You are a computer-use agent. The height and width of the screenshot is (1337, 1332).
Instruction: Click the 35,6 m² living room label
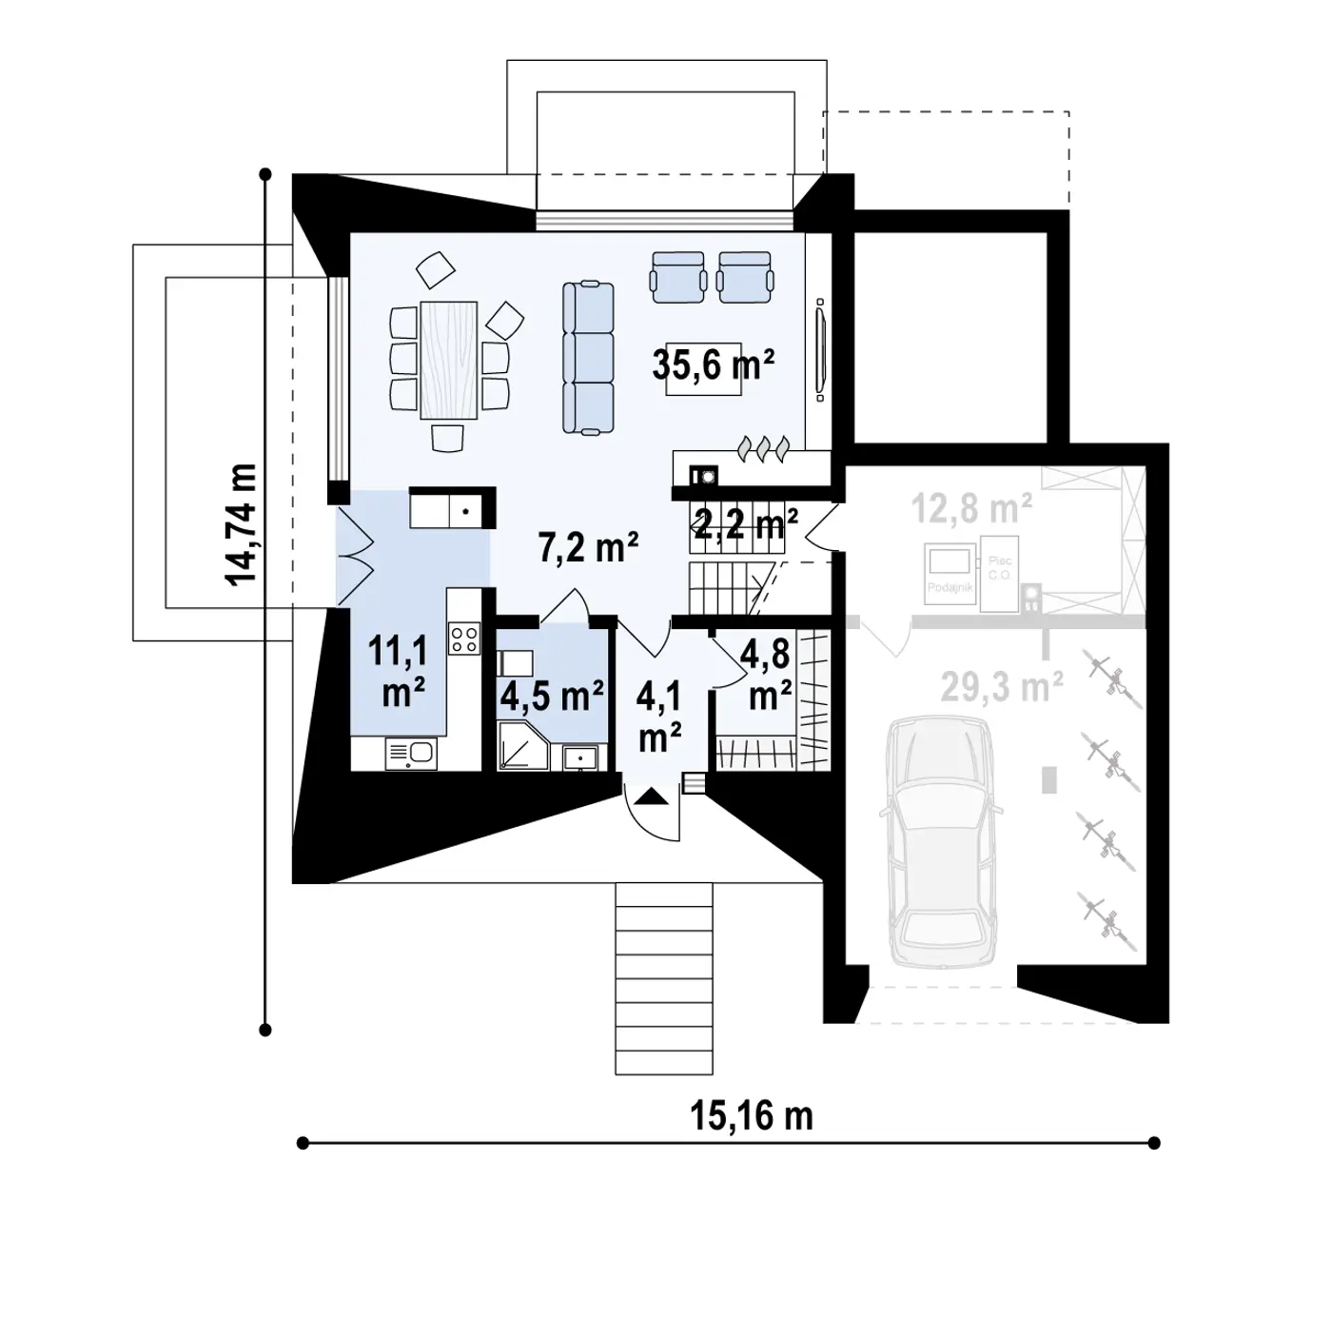(714, 364)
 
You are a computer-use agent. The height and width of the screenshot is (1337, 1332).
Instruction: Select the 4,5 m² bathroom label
(552, 696)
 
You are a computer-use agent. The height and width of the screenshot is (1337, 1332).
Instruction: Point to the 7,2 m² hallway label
(588, 548)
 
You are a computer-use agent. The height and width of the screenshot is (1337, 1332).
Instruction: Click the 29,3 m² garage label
(1001, 685)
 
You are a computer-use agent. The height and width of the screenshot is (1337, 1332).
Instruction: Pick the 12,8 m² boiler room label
(972, 510)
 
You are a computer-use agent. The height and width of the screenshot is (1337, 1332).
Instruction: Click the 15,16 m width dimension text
(752, 1115)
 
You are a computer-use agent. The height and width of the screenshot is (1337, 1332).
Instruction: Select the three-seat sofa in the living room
(587, 358)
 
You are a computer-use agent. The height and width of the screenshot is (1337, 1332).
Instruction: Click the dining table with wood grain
(450, 359)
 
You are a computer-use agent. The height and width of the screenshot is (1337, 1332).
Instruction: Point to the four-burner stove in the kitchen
(465, 637)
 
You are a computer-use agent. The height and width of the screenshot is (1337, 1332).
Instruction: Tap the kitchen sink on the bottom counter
(411, 755)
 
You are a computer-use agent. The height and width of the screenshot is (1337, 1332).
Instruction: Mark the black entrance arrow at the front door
(652, 796)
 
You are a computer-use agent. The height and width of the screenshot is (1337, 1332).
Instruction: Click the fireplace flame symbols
(763, 448)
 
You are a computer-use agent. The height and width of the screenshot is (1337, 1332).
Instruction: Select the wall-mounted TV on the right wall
(820, 348)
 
